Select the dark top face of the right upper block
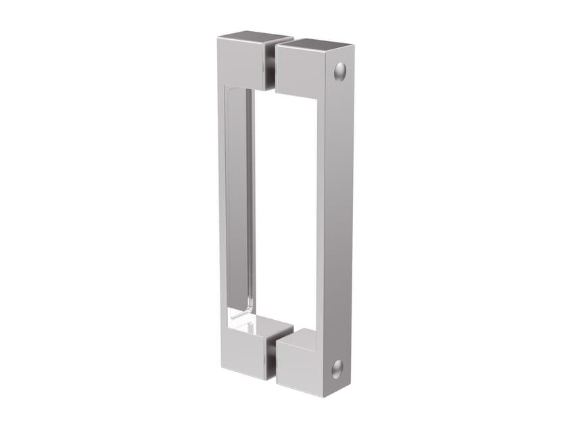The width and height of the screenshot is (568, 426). coord(314,45)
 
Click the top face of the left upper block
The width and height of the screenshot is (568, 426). coord(256,36)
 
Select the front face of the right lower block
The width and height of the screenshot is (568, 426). coord(300,371)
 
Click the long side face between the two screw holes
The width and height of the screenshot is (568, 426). coord(338,216)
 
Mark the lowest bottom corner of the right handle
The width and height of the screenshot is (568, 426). coord(323,398)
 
